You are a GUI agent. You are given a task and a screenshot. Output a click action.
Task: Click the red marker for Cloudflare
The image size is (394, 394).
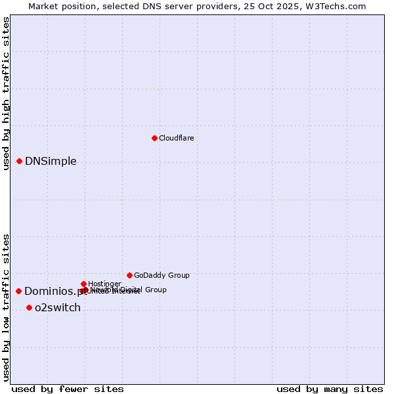pos(154,138)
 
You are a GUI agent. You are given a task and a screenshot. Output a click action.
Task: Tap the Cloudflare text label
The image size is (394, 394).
pos(176,138)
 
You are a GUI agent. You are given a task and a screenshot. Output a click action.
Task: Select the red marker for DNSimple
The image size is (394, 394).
pos(19,161)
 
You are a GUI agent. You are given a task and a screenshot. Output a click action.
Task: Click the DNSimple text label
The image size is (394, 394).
pos(51,162)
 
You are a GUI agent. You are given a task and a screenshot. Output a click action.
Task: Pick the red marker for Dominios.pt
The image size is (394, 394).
pos(19,291)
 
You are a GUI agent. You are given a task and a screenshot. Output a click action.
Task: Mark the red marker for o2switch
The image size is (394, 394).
pos(29,307)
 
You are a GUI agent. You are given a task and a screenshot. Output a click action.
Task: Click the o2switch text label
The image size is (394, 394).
pos(58,308)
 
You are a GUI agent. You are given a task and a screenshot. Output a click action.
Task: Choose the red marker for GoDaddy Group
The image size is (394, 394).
pos(129,275)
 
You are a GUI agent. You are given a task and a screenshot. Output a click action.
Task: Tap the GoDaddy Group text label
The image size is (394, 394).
pos(162,275)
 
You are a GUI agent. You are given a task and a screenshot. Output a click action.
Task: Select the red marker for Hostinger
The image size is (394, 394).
pos(83,284)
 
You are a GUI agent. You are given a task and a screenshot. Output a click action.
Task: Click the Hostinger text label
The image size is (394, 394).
pos(104,284)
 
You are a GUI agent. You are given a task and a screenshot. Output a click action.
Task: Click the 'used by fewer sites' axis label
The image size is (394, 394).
pos(68,389)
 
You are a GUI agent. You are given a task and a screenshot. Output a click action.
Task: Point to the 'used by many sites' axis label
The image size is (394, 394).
pos(330,389)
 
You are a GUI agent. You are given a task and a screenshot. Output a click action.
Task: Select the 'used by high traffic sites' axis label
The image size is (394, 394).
pos(7,94)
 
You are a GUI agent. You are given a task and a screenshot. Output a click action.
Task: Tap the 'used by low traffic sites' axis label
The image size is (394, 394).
pos(7,307)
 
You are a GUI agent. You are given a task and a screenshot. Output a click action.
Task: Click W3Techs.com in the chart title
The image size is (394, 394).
pos(338,6)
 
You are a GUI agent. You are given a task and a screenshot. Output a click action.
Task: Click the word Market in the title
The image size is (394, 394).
pos(43,6)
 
